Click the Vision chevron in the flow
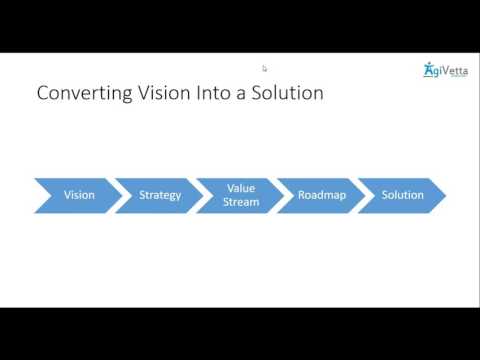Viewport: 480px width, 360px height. click(x=79, y=195)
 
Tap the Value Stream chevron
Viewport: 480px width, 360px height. click(x=241, y=195)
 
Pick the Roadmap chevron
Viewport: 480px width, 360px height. click(x=322, y=195)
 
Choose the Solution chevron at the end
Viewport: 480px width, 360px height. click(x=402, y=195)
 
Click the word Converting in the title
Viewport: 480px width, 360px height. click(x=79, y=95)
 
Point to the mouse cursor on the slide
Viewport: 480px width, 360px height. click(x=265, y=69)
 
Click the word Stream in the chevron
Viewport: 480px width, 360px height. click(x=242, y=202)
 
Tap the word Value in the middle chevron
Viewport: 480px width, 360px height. click(x=241, y=188)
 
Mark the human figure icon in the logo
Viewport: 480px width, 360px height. click(x=428, y=69)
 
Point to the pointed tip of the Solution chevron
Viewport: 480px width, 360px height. click(x=444, y=195)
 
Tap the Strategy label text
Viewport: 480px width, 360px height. click(x=161, y=195)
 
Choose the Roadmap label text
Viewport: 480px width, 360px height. click(x=322, y=195)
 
